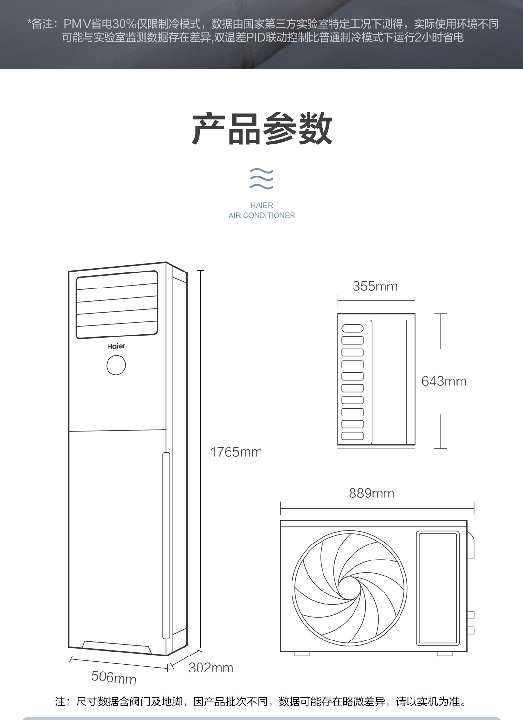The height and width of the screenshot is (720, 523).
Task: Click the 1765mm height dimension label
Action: click(x=236, y=452)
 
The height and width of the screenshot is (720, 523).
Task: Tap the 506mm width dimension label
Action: click(x=114, y=677)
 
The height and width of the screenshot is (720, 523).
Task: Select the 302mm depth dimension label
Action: click(x=211, y=668)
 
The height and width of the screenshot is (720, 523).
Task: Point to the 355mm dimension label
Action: click(x=375, y=286)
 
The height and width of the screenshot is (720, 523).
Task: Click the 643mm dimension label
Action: click(x=444, y=381)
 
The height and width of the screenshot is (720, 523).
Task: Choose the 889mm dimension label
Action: click(x=371, y=493)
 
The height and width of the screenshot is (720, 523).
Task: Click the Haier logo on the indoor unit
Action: click(x=116, y=346)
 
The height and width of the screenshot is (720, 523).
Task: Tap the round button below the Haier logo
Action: click(x=116, y=365)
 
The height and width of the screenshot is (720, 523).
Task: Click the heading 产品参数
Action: click(x=261, y=129)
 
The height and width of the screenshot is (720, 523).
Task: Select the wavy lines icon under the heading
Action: click(x=261, y=179)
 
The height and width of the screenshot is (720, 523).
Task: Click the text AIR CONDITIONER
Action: click(x=261, y=215)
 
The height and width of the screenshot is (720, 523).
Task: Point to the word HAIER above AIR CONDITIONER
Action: click(x=261, y=205)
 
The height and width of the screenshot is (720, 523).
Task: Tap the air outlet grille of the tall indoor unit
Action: click(x=117, y=304)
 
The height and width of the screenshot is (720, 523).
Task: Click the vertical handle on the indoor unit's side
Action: click(x=166, y=545)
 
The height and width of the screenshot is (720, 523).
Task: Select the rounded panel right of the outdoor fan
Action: click(x=438, y=588)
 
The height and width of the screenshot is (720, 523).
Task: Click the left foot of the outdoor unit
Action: click(x=302, y=654)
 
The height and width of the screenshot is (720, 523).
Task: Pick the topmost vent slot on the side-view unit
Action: click(x=353, y=328)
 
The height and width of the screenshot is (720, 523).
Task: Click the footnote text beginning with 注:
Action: click(x=261, y=702)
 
